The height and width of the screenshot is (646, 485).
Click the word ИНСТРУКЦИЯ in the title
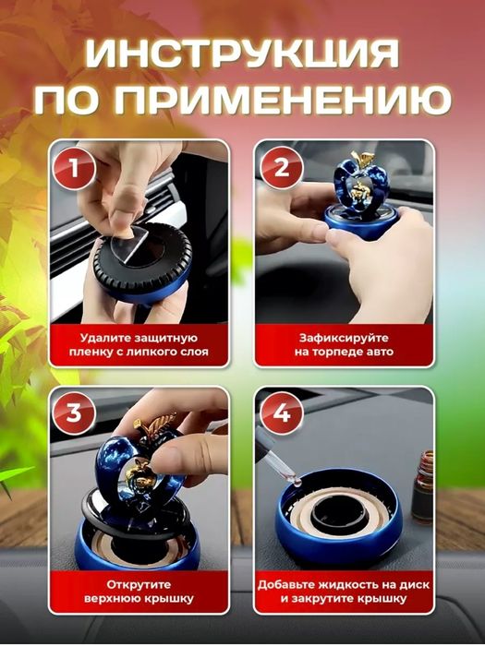tap(242, 54)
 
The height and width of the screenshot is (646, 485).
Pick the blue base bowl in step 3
tap(139, 554)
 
